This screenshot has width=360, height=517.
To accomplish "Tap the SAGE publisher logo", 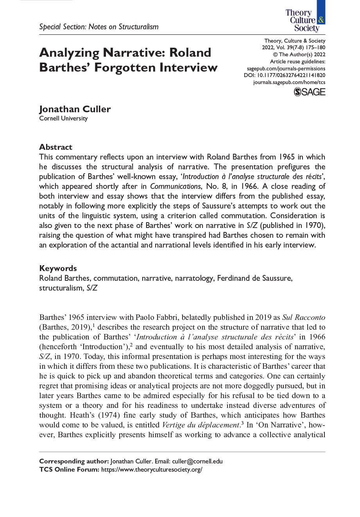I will pos(309,92).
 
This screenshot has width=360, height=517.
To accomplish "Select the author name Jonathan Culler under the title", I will pos(75,109).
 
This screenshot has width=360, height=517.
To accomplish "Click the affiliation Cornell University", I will pos(63,118).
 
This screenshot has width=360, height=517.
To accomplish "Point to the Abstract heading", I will pos(56,147).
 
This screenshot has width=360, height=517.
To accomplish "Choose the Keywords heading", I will pos(58,268).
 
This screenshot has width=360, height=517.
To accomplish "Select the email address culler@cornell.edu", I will pos(197,461).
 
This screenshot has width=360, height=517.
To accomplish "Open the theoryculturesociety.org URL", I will pos(152,470).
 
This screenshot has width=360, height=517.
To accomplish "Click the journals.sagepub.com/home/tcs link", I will pos(289,82).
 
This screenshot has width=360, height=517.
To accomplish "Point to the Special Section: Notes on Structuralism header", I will pos(99,27).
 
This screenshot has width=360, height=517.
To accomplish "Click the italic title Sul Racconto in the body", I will pos(304,318).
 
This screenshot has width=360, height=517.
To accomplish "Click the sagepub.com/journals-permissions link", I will pos(286,68).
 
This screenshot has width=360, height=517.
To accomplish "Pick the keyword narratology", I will pos(194,278).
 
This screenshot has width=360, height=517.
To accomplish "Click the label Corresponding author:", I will pos(74,461).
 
